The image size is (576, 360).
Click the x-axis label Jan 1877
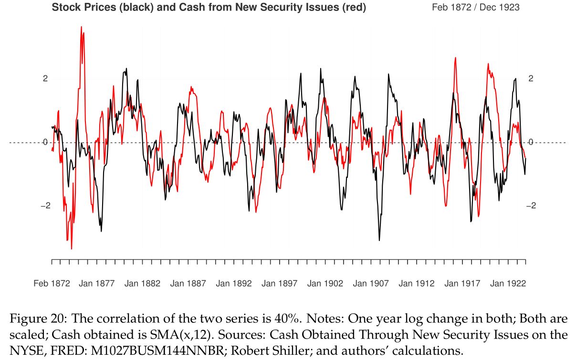click(97, 283)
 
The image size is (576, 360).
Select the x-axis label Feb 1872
click(52, 283)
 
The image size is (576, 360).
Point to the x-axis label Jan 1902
click(325, 283)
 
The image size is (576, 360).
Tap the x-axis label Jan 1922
click(508, 283)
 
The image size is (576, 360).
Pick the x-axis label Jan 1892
click(234, 283)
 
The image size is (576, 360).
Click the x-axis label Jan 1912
click(417, 283)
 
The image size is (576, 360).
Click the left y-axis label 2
click(45, 79)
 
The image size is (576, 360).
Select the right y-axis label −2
click(531, 206)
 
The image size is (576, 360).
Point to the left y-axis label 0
click(45, 142)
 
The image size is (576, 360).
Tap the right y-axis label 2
click(531, 79)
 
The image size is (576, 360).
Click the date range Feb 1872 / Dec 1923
click(475, 8)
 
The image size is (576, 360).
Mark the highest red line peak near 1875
click(82, 27)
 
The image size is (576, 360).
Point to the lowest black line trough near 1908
click(379, 240)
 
